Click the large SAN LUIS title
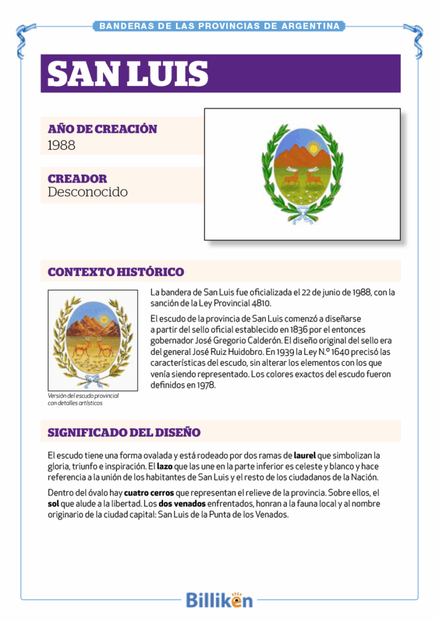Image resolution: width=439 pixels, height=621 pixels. pyautogui.click(x=128, y=74)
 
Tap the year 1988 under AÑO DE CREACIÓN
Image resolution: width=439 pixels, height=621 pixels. pyautogui.click(x=61, y=145)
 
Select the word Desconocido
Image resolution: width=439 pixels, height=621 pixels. pyautogui.click(x=88, y=192)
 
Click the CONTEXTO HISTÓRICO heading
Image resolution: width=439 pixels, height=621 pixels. pyautogui.click(x=116, y=272)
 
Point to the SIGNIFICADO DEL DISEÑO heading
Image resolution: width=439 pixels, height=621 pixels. pyautogui.click(x=124, y=432)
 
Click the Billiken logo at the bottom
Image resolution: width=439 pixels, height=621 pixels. pyautogui.click(x=219, y=600)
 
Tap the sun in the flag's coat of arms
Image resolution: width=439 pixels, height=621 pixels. pyautogui.click(x=313, y=147)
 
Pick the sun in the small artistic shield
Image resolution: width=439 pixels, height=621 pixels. pyautogui.click(x=104, y=319)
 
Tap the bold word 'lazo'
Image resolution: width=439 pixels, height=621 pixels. pyautogui.click(x=165, y=466)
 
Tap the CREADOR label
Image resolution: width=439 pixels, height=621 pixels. pyautogui.click(x=77, y=179)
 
